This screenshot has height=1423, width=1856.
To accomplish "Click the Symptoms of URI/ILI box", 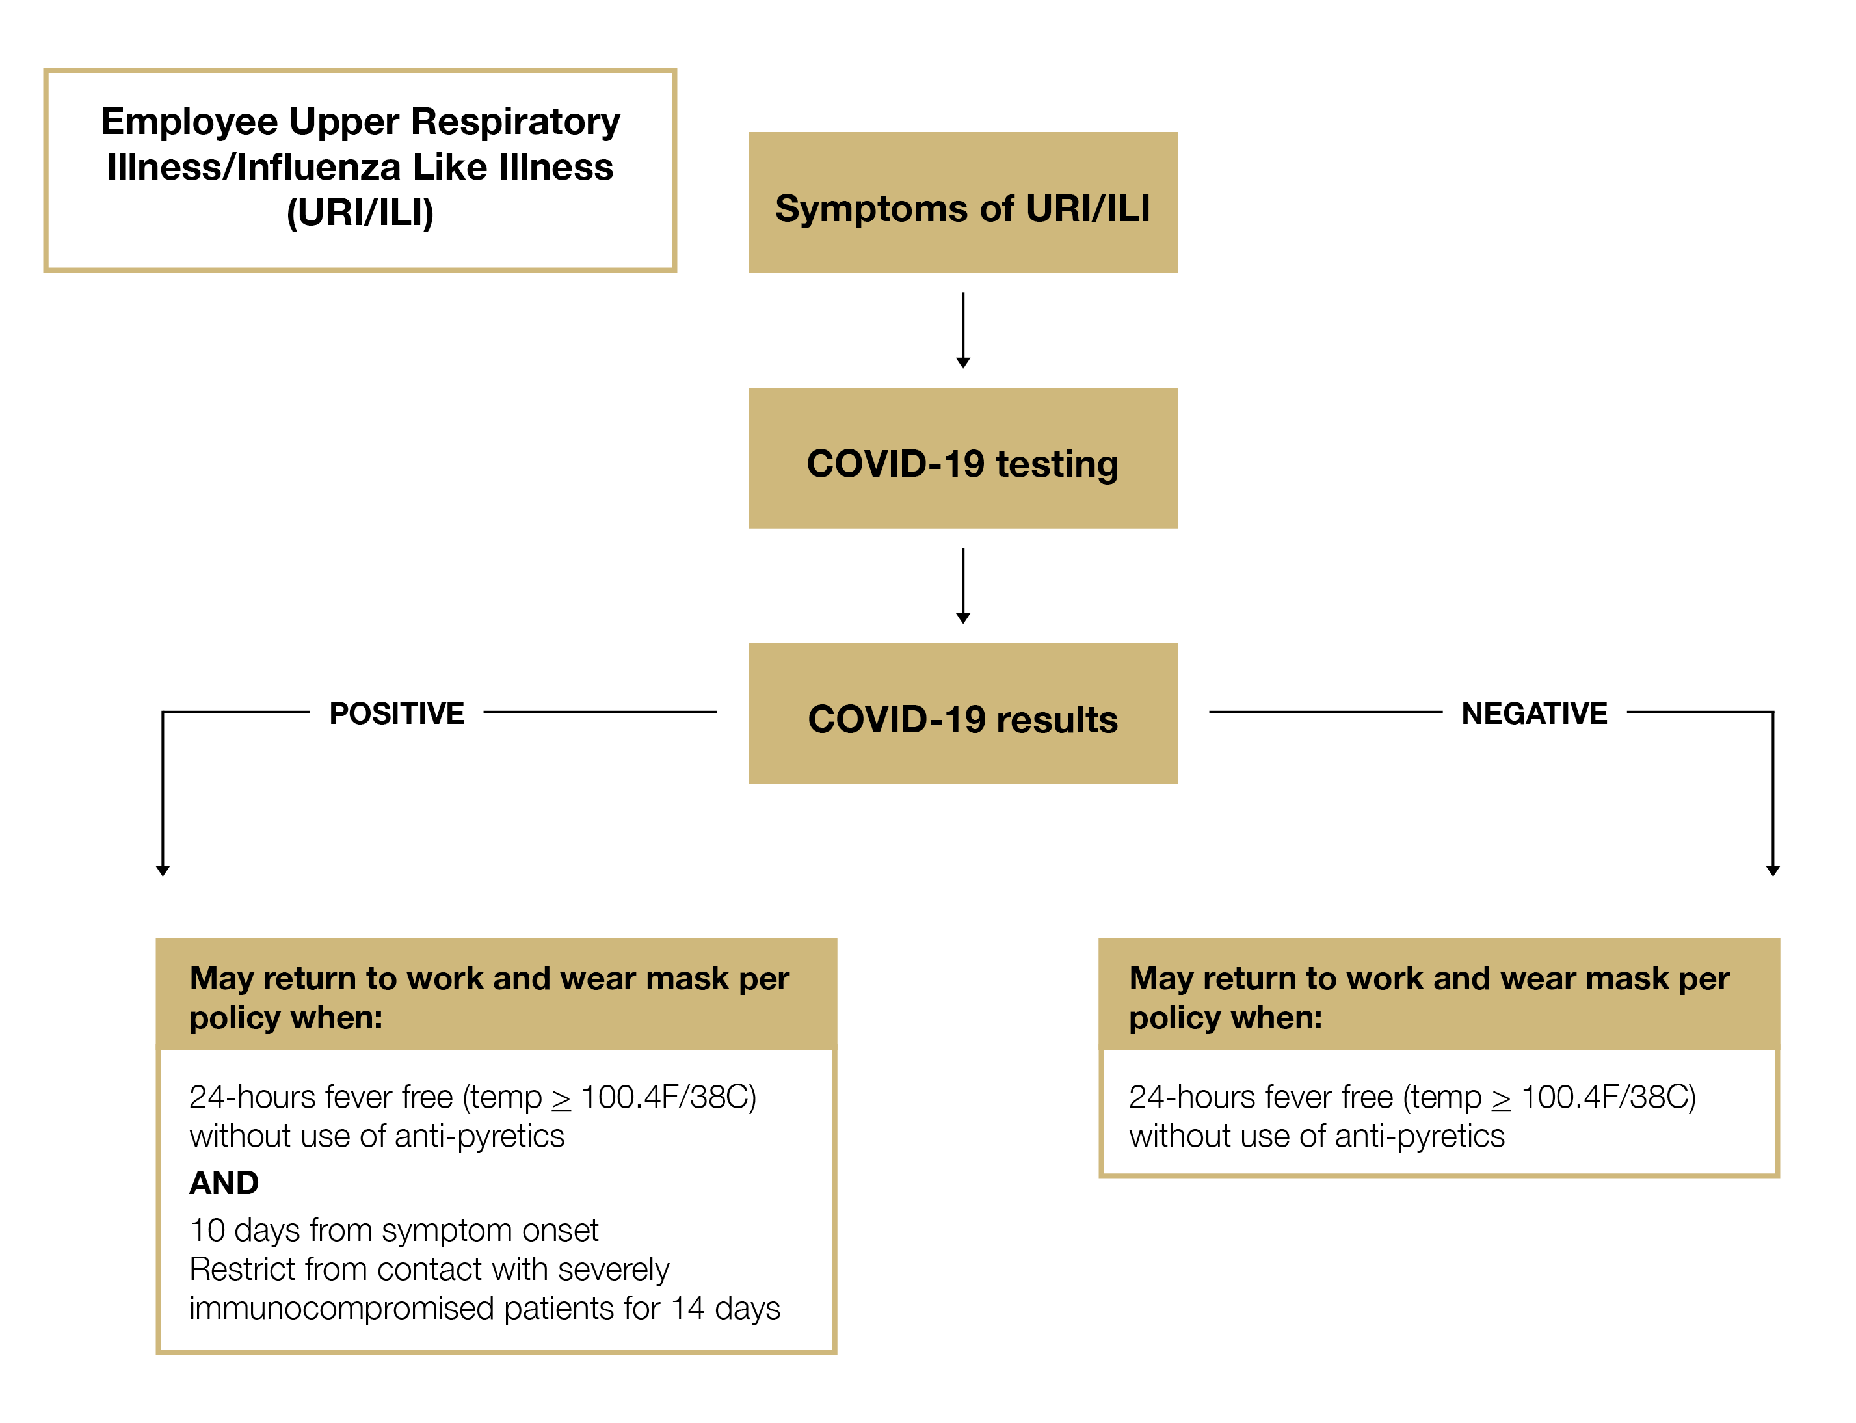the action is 962,202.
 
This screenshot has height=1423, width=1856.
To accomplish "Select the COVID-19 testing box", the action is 962,459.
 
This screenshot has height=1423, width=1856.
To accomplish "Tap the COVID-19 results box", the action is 962,713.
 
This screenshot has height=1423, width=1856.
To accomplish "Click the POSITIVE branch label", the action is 396,713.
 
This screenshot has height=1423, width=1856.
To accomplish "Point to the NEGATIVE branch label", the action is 1534,713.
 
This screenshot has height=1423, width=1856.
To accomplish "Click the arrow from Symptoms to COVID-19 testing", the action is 962,330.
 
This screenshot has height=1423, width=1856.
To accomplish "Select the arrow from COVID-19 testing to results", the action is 962,585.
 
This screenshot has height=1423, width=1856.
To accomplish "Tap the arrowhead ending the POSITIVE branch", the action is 163,871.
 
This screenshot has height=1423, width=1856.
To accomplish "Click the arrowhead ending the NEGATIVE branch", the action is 1773,871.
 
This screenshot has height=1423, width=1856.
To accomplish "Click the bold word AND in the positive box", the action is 224,1182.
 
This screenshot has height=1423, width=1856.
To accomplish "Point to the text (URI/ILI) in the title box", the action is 360,212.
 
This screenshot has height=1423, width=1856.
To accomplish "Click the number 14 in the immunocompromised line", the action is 687,1308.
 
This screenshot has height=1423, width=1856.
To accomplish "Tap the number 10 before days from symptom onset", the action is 207,1230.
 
